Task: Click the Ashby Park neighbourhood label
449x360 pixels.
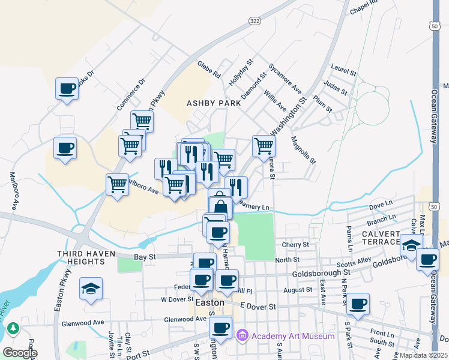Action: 214,103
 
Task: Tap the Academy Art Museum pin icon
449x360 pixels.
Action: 243,335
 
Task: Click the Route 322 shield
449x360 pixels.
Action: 254,20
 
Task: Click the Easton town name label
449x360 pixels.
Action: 210,303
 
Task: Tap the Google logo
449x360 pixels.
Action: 20,353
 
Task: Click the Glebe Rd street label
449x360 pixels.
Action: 208,69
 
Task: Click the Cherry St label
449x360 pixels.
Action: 295,245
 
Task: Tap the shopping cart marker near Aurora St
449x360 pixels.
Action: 264,145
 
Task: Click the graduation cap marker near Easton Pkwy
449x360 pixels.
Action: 91,289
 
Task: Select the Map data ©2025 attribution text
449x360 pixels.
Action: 424,355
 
